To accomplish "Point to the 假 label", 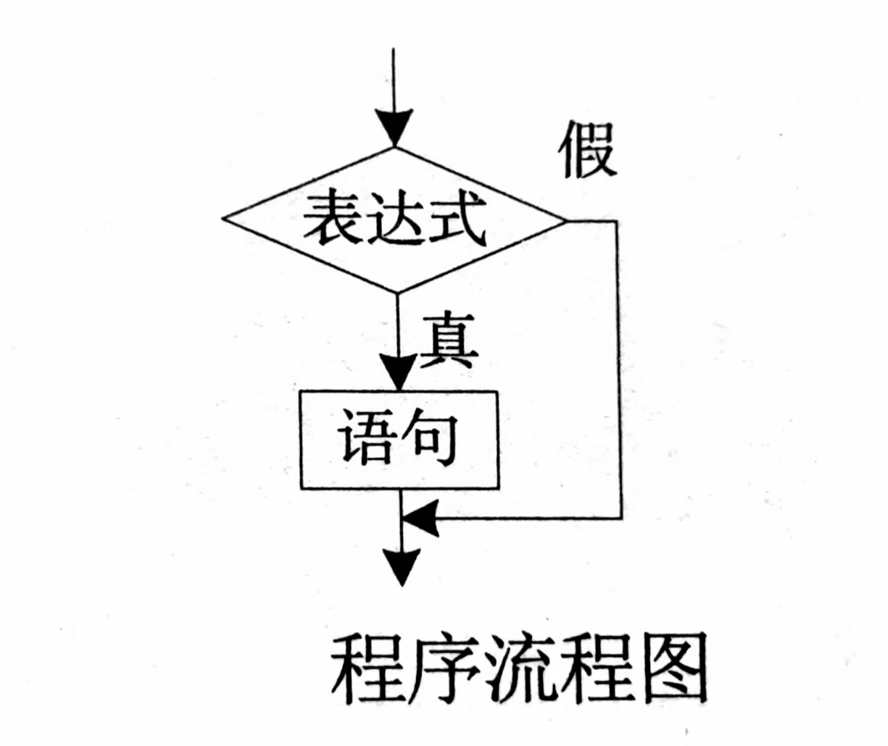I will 587,150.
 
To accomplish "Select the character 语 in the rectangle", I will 366,437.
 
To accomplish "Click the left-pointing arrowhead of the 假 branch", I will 419,519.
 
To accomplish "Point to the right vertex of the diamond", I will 565,219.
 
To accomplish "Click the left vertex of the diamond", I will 223,217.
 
